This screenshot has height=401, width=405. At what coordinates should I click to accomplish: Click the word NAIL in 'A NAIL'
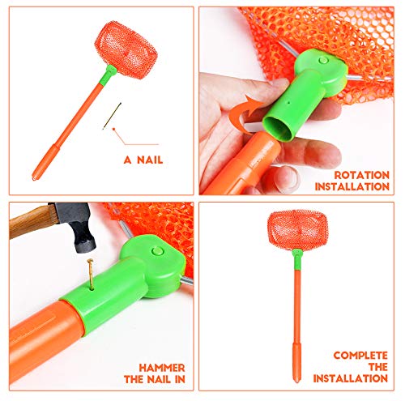[150, 160]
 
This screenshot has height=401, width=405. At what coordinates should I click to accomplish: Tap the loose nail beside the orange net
[112, 116]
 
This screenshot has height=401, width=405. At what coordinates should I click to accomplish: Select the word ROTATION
[362, 175]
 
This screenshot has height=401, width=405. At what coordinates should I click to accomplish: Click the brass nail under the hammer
[90, 274]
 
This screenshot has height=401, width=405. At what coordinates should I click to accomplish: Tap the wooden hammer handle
[32, 220]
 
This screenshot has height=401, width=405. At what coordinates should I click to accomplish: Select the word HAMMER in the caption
[162, 368]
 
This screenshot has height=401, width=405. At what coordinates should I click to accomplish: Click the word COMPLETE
[360, 355]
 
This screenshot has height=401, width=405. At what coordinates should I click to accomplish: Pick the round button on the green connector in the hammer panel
[157, 251]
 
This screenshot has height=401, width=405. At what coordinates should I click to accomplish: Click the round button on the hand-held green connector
[323, 60]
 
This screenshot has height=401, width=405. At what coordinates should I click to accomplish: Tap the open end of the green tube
[278, 126]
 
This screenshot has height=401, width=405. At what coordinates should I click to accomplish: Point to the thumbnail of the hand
[286, 179]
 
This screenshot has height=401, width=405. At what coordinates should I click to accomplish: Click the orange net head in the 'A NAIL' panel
[126, 50]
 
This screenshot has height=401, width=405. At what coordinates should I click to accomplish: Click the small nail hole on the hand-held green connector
[288, 103]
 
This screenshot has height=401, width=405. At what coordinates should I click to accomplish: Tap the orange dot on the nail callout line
[114, 129]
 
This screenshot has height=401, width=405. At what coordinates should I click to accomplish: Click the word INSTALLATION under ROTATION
[352, 187]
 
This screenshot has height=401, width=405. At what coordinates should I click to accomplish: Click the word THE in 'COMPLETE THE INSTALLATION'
[378, 367]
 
